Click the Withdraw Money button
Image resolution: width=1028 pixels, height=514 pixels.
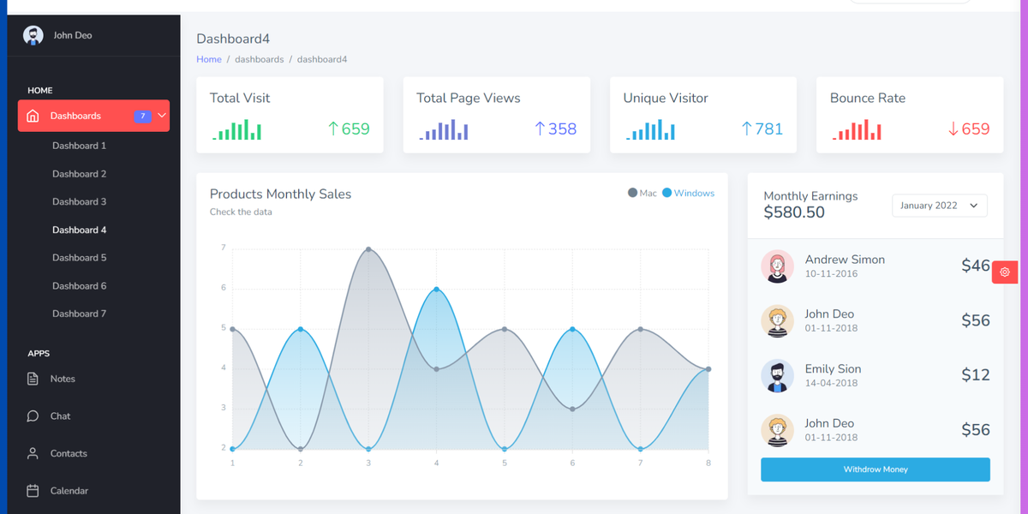(x=875, y=469)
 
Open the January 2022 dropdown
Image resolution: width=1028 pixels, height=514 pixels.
(x=939, y=206)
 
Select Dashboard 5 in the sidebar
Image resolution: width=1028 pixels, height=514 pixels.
(x=79, y=258)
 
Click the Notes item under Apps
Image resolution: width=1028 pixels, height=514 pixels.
(x=63, y=379)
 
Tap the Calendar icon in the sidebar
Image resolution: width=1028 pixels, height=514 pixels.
(x=33, y=491)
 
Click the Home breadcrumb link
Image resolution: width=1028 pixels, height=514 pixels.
(x=208, y=60)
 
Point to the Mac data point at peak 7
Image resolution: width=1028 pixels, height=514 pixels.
(x=368, y=249)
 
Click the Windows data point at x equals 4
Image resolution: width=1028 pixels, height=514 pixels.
(x=436, y=290)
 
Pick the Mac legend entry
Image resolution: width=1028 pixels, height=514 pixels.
(x=642, y=194)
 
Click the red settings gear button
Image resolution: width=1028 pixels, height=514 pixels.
(x=1005, y=272)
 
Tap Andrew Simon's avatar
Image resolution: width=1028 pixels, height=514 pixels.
(x=777, y=266)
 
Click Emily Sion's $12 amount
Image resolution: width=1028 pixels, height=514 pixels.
(x=975, y=375)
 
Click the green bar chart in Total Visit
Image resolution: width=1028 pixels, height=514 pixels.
(x=236, y=130)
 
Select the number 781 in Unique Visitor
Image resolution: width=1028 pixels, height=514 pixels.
(x=768, y=129)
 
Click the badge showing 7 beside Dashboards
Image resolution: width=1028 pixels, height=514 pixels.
(x=142, y=116)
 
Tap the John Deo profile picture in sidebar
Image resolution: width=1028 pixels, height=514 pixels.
(x=33, y=35)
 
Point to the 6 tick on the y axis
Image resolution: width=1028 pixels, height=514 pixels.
(x=224, y=288)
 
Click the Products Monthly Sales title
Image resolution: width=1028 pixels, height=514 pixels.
(x=280, y=194)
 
